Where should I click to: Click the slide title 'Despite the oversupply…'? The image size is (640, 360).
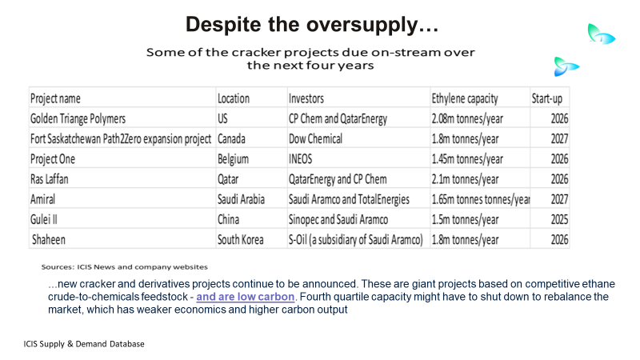tap(312, 25)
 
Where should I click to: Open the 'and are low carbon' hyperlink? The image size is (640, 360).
tap(246, 296)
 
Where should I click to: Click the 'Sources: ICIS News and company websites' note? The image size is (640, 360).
tap(125, 267)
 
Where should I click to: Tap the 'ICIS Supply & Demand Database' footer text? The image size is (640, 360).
tap(84, 344)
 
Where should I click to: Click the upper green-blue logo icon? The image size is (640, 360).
tap(601, 34)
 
